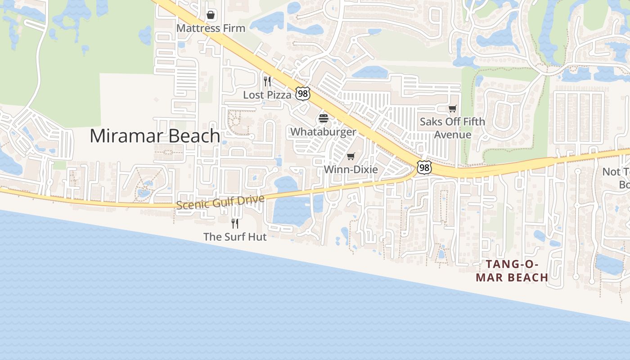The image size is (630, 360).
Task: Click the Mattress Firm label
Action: (x=211, y=28)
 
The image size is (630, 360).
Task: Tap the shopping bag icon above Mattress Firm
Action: (x=211, y=15)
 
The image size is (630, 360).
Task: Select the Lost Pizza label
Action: (x=267, y=95)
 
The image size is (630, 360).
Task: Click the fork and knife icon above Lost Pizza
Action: (x=267, y=81)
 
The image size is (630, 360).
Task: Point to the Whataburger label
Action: (x=323, y=132)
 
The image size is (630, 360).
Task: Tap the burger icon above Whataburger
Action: (x=324, y=119)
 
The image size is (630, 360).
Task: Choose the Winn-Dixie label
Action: (x=351, y=170)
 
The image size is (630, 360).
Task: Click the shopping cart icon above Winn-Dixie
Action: (x=351, y=157)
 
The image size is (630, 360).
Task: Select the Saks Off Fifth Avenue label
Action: (x=452, y=128)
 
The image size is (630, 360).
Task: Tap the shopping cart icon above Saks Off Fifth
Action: (x=453, y=108)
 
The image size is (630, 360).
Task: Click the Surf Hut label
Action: (x=235, y=237)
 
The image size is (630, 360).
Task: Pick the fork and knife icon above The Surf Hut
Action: (x=235, y=223)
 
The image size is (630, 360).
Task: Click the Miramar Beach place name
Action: (x=155, y=136)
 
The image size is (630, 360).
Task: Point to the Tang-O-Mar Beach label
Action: (x=512, y=271)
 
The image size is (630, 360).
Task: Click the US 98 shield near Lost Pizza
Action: (x=303, y=94)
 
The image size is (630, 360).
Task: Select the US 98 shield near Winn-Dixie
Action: (x=424, y=167)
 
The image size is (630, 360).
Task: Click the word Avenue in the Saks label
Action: (x=452, y=135)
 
